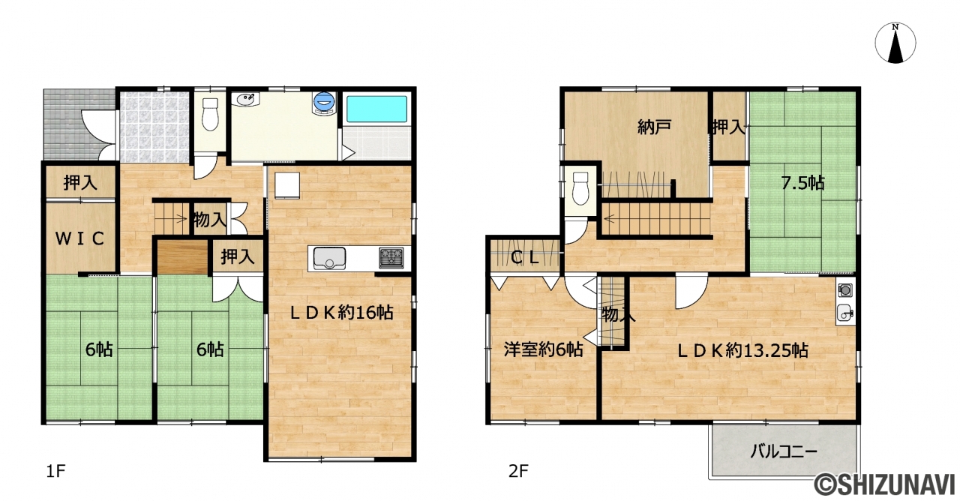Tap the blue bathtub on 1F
(x=376, y=109)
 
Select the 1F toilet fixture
(x=210, y=114)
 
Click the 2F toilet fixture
(x=581, y=188)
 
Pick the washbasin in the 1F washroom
(x=246, y=100)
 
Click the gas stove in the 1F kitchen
(x=391, y=258)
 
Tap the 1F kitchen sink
(x=329, y=259)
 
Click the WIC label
(x=80, y=238)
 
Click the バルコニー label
(x=784, y=451)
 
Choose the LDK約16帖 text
(x=341, y=313)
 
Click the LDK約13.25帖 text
(x=742, y=351)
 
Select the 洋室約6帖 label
(x=543, y=349)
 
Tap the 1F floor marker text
(x=55, y=472)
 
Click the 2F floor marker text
(x=518, y=472)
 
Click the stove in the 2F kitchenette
(x=845, y=289)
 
